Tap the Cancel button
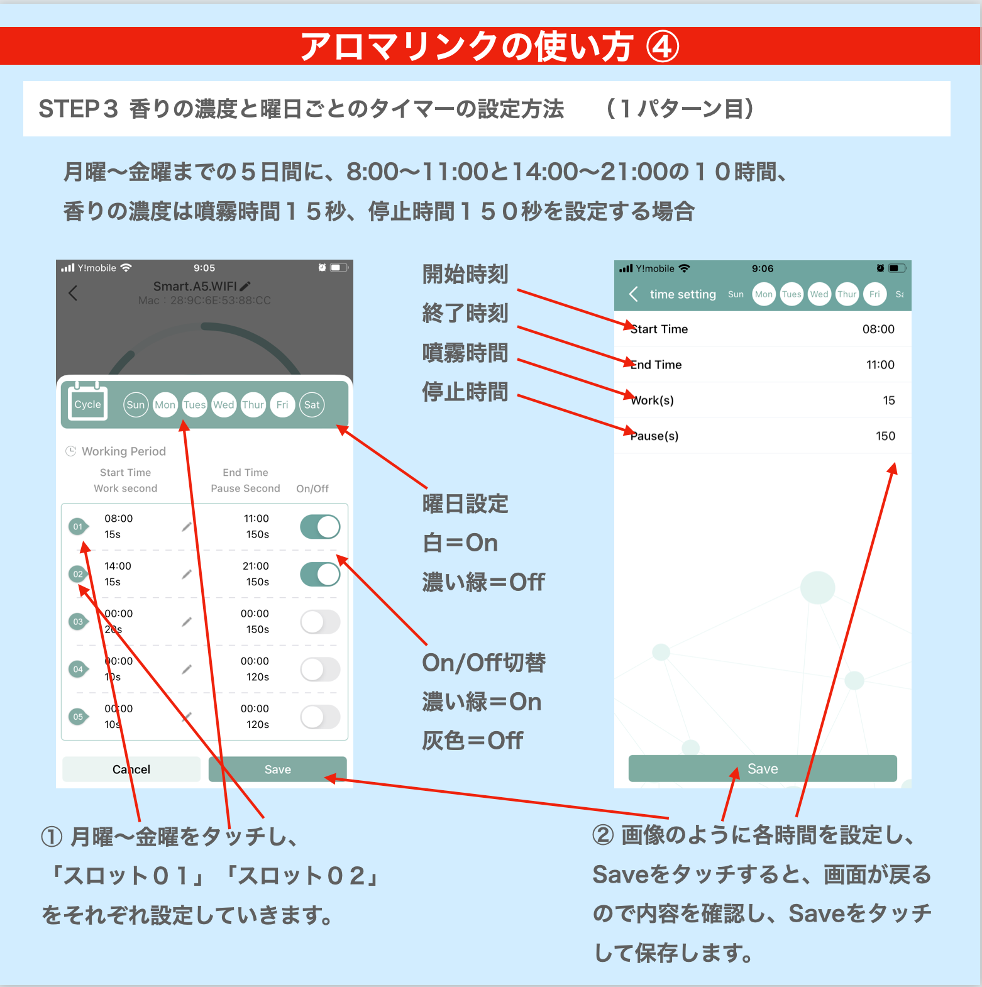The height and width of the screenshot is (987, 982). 131,769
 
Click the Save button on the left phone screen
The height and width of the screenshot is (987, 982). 277,769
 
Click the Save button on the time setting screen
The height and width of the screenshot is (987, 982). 763,768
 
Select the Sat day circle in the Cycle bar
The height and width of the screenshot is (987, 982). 312,405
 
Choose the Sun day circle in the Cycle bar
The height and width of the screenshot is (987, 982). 135,405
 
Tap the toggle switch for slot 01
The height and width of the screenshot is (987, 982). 320,527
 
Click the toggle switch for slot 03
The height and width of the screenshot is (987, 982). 320,622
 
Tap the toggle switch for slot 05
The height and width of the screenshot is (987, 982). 320,717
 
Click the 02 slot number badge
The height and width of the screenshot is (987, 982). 78,574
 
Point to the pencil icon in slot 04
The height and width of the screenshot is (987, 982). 187,670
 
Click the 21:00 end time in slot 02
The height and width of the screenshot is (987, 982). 256,566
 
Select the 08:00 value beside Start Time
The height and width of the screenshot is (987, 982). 878,329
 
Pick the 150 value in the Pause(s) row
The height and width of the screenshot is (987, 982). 885,436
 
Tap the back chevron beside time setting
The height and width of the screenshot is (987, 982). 634,294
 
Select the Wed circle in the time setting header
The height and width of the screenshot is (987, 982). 819,294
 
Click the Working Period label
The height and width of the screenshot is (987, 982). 124,451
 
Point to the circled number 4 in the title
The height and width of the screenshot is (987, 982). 663,47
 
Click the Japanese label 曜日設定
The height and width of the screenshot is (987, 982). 465,504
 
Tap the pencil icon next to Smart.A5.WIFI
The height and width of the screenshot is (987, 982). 245,286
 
